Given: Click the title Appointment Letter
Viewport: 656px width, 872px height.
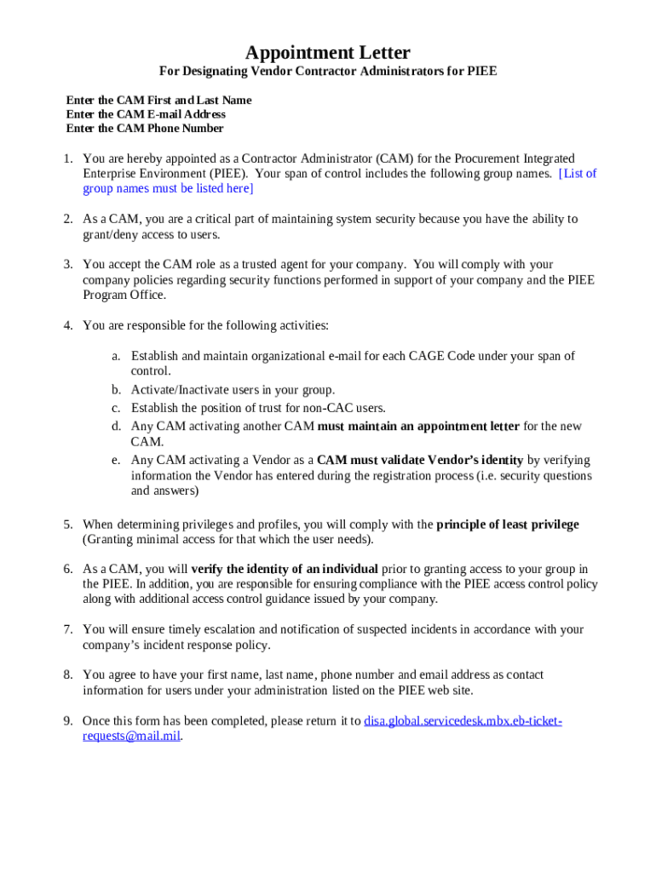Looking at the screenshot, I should point(328,53).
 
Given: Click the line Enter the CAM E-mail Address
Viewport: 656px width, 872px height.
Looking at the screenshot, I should point(146,114).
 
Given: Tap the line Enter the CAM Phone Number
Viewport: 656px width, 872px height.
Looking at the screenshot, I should point(145,129).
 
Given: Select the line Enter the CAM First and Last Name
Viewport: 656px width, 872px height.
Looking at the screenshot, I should point(158,100).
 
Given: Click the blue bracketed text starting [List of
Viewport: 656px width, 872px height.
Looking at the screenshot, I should point(577,174).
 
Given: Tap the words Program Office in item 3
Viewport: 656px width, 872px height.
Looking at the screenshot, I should point(124,295).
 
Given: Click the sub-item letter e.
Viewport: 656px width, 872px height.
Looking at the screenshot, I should point(115,460).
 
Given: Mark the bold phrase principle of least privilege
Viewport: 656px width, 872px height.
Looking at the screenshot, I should point(507,525).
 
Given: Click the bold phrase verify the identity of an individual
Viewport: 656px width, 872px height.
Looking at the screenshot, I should point(285,569).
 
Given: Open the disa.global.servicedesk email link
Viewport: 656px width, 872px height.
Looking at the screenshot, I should point(463,721).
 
